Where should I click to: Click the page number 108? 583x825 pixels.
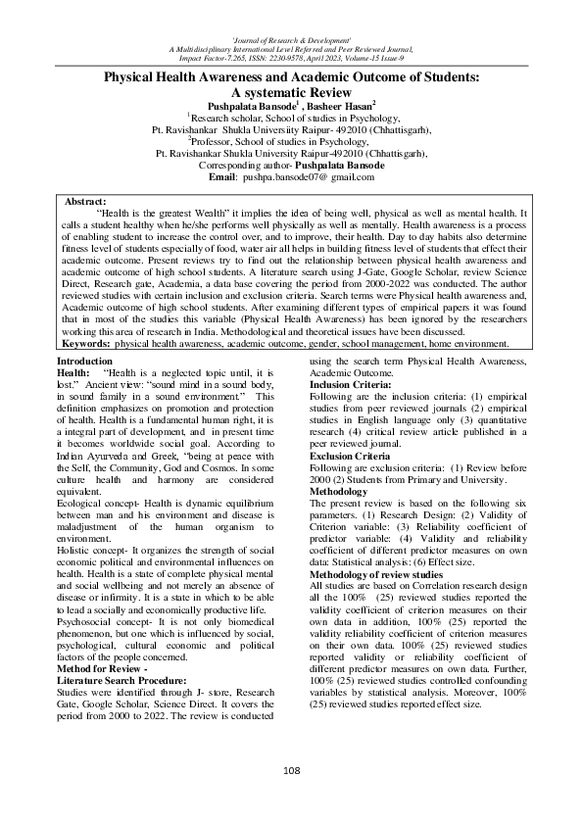[291, 771]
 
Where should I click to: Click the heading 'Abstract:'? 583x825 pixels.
[85, 201]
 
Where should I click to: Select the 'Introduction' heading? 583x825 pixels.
[85, 362]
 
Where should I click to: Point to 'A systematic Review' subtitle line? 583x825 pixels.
[291, 90]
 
